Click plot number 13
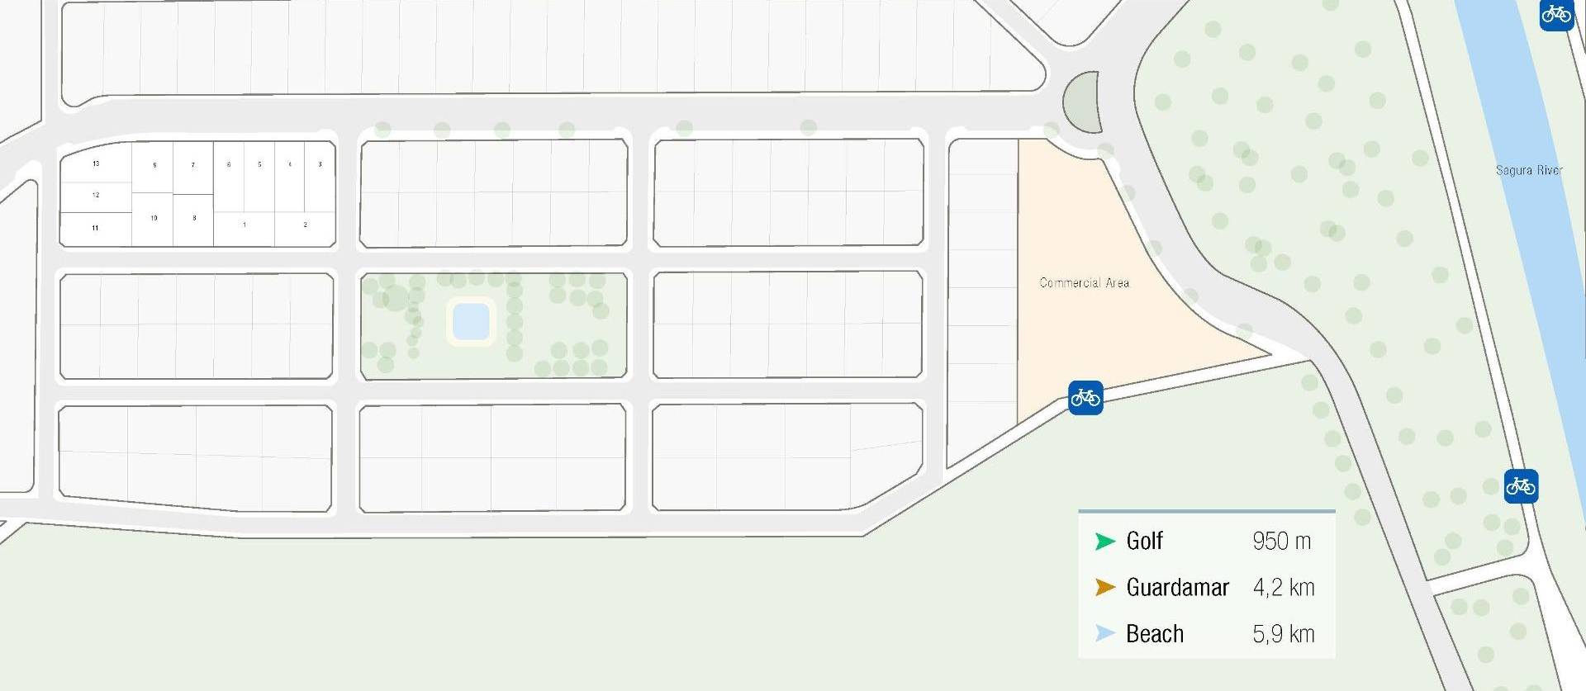(x=96, y=163)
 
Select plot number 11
(x=95, y=228)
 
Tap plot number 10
(x=154, y=218)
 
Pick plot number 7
(x=193, y=165)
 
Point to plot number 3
(x=320, y=164)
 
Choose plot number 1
(x=244, y=225)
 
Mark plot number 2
(x=305, y=225)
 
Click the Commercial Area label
(x=1084, y=282)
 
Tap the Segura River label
(x=1528, y=170)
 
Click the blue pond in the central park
(x=471, y=321)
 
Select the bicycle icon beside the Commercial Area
(x=1085, y=398)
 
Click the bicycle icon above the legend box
(x=1520, y=486)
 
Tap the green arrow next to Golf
(x=1104, y=542)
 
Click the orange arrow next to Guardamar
(x=1104, y=588)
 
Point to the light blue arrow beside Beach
(x=1104, y=634)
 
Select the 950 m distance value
(x=1281, y=542)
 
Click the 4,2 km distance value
(x=1283, y=588)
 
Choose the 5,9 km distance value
(x=1283, y=634)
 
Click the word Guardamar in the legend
(x=1177, y=588)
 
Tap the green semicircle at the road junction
(x=1083, y=102)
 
